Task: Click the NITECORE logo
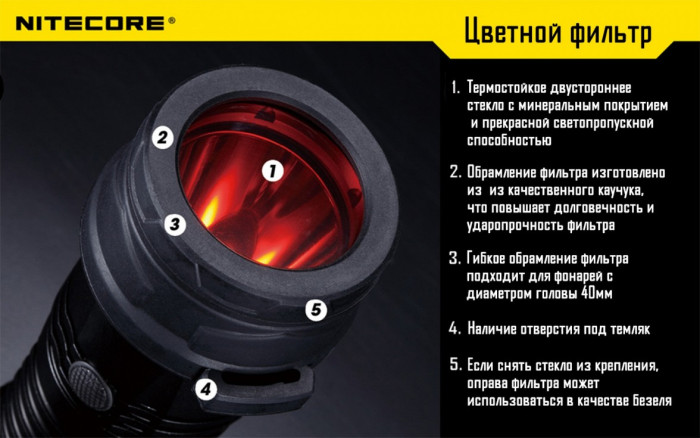pyautogui.click(x=87, y=20)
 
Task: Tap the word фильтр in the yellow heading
pyautogui.click(x=613, y=33)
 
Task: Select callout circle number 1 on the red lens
pyautogui.click(x=272, y=170)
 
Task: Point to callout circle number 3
pyautogui.click(x=175, y=224)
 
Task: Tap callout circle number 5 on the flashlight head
pyautogui.click(x=316, y=309)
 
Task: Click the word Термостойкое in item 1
pyautogui.click(x=516, y=88)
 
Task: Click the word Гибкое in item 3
pyautogui.click(x=492, y=259)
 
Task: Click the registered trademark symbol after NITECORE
pyautogui.click(x=170, y=17)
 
